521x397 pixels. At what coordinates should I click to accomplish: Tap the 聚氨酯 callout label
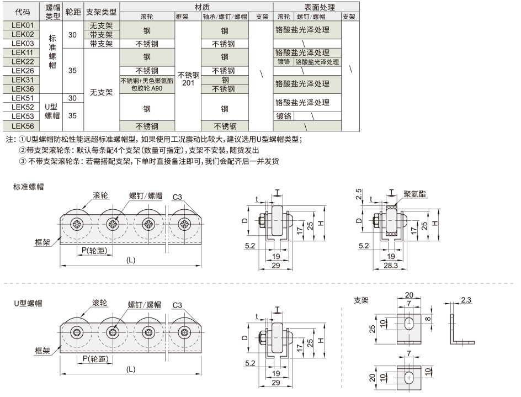tap(414, 194)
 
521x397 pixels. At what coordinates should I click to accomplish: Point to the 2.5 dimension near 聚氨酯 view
tap(359, 195)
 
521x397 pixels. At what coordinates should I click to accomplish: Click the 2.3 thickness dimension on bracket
tap(466, 300)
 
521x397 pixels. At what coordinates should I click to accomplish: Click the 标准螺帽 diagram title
tap(29, 187)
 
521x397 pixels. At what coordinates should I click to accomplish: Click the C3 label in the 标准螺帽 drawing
tap(177, 197)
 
